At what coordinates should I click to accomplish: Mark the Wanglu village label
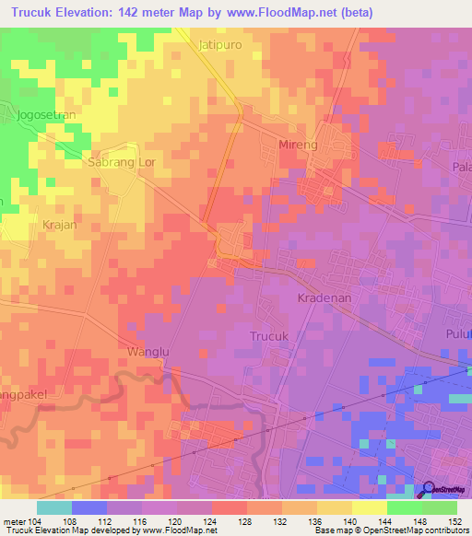pyautogui.click(x=142, y=351)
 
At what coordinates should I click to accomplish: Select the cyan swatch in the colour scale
pyautogui.click(x=54, y=507)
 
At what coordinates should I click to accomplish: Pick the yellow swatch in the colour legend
pyautogui.click(x=370, y=507)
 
